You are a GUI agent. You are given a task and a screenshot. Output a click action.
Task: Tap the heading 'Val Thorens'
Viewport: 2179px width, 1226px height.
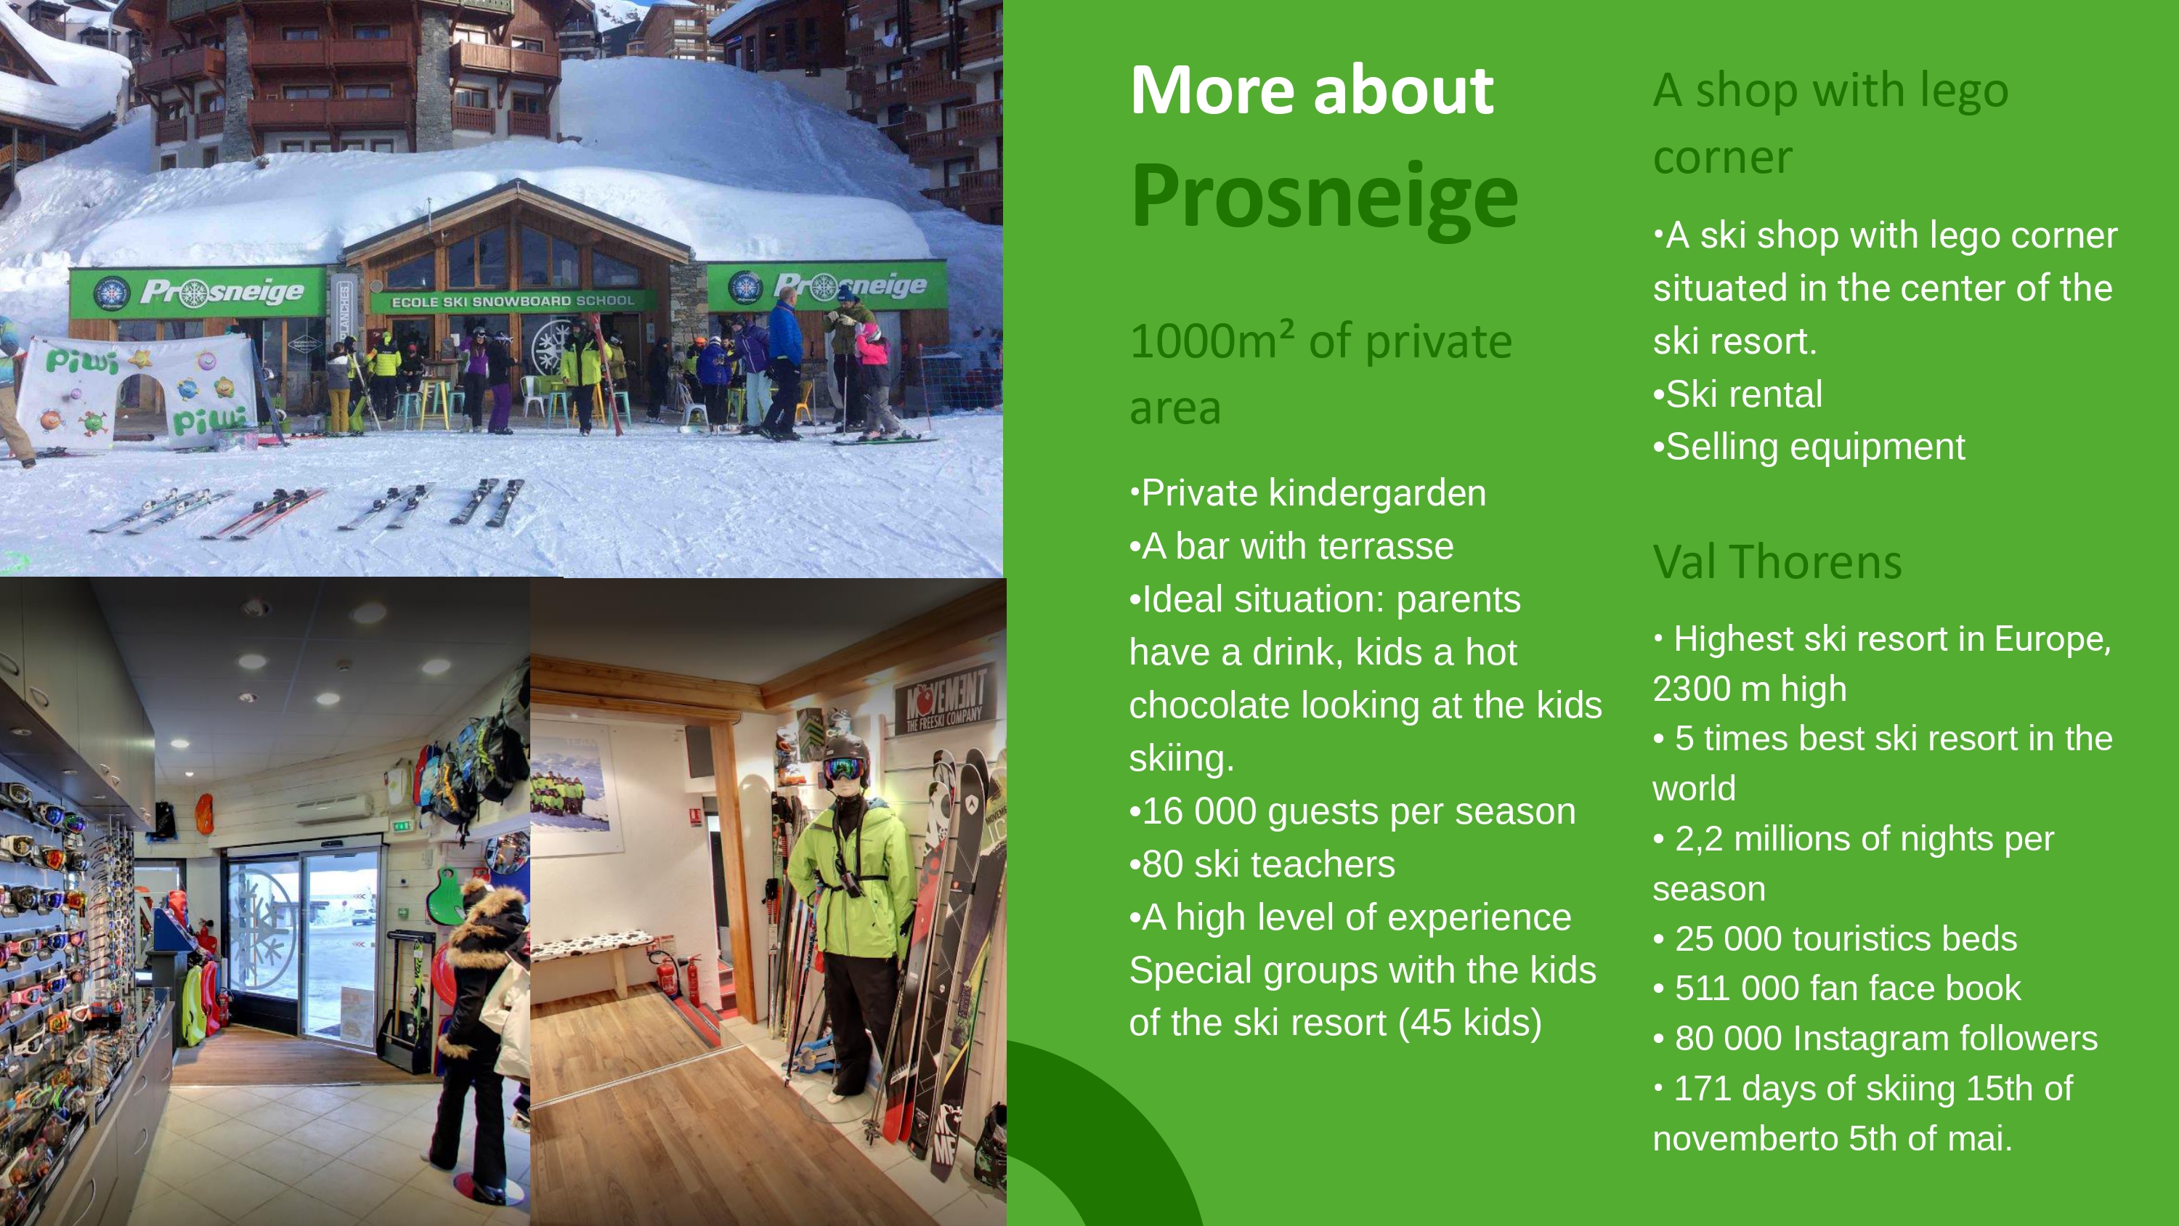pos(1777,562)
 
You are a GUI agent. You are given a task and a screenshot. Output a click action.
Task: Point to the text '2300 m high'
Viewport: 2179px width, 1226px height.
pos(1749,689)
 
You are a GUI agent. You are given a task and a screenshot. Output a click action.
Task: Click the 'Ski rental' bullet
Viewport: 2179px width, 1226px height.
pos(1737,394)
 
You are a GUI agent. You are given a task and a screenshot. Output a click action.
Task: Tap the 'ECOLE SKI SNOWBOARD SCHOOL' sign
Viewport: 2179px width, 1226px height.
pos(513,301)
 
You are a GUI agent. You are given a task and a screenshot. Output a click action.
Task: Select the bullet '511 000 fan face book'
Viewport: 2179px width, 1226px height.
pos(1838,988)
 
